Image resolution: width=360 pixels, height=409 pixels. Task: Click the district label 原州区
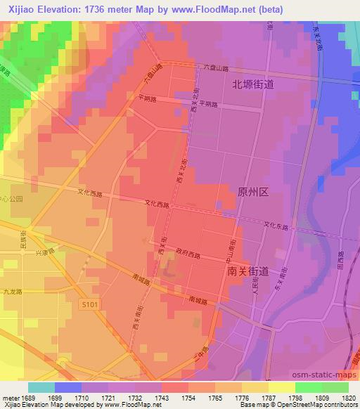254,193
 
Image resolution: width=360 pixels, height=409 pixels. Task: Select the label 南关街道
248,270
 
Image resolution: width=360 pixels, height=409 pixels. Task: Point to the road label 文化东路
276,226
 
